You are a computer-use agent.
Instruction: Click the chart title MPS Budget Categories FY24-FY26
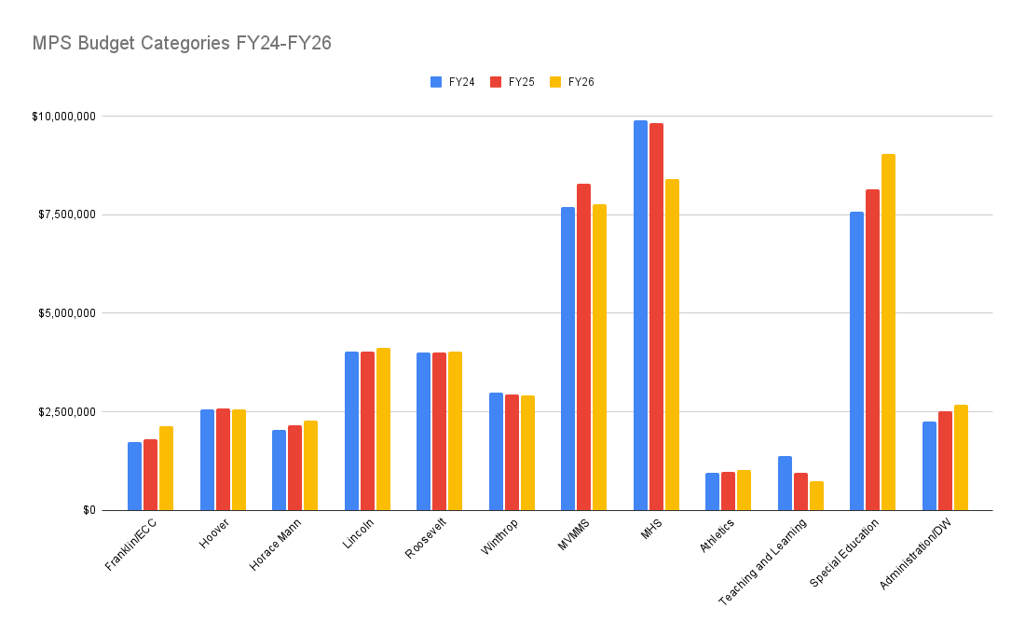(x=182, y=43)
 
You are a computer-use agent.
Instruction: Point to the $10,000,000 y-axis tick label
(x=63, y=117)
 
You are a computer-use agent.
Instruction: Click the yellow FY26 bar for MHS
(x=672, y=344)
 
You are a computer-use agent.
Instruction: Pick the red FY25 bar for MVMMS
(x=583, y=347)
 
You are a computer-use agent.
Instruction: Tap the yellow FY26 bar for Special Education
(x=889, y=332)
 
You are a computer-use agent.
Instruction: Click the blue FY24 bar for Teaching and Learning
(x=785, y=483)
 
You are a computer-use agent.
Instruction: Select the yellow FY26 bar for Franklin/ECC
(x=166, y=468)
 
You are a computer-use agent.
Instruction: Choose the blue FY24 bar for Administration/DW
(x=929, y=465)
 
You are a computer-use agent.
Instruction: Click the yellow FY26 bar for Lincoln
(x=383, y=429)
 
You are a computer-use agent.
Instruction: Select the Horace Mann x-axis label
(x=271, y=546)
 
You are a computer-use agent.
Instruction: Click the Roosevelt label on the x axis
(x=426, y=538)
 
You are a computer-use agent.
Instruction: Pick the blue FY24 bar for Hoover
(x=207, y=460)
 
